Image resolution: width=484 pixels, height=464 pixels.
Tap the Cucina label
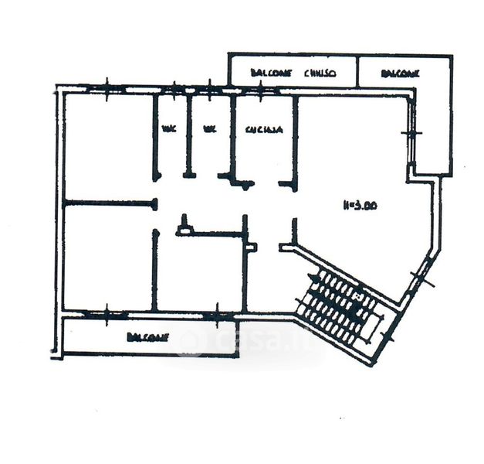point(262,130)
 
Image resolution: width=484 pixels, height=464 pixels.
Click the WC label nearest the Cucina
point(208,130)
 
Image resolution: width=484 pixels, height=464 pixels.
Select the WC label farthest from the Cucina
point(168,130)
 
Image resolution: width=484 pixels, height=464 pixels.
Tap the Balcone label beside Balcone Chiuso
point(400,73)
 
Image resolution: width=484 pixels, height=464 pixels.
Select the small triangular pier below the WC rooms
point(184,226)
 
